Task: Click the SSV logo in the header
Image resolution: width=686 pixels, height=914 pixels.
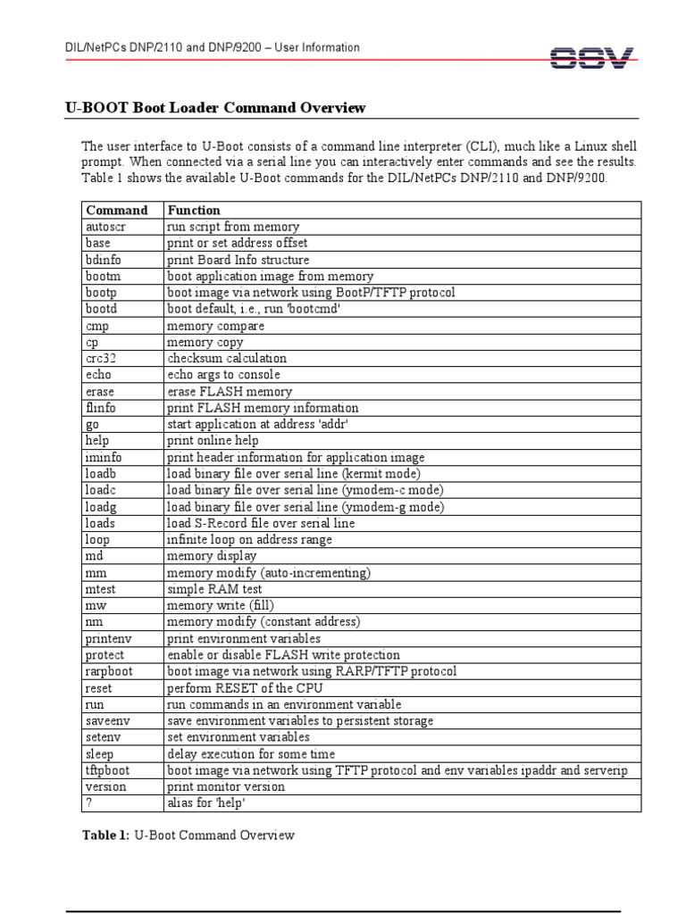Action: [x=592, y=58]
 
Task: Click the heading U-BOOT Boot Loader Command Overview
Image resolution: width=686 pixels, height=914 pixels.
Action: [x=215, y=108]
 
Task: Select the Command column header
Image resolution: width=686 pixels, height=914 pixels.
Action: [x=116, y=211]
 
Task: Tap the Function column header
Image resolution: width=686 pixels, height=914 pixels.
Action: [x=194, y=211]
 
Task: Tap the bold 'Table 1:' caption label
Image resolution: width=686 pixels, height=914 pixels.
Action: [x=106, y=835]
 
